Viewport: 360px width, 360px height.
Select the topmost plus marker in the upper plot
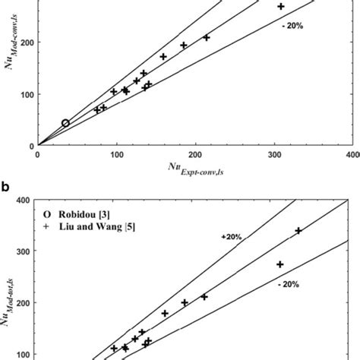[x=280, y=6]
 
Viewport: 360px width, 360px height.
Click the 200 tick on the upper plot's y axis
[x=24, y=43]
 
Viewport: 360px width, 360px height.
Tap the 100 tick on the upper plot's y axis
[x=24, y=94]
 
